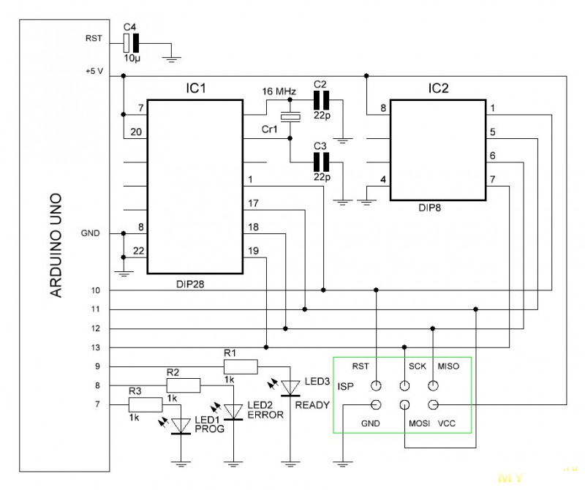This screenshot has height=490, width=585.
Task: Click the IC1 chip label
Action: pos(196,88)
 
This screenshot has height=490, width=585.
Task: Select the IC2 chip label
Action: pos(438,88)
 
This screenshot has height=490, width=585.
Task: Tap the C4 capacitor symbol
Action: pos(131,43)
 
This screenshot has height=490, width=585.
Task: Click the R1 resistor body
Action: pos(241,366)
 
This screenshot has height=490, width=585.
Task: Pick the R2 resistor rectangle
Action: pos(184,385)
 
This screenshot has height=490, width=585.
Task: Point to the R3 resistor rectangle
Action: pos(146,404)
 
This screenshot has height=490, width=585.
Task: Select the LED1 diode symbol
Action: pos(181,426)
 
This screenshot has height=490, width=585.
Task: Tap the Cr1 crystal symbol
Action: pos(290,117)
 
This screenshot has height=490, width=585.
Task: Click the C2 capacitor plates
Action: pos(321,100)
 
